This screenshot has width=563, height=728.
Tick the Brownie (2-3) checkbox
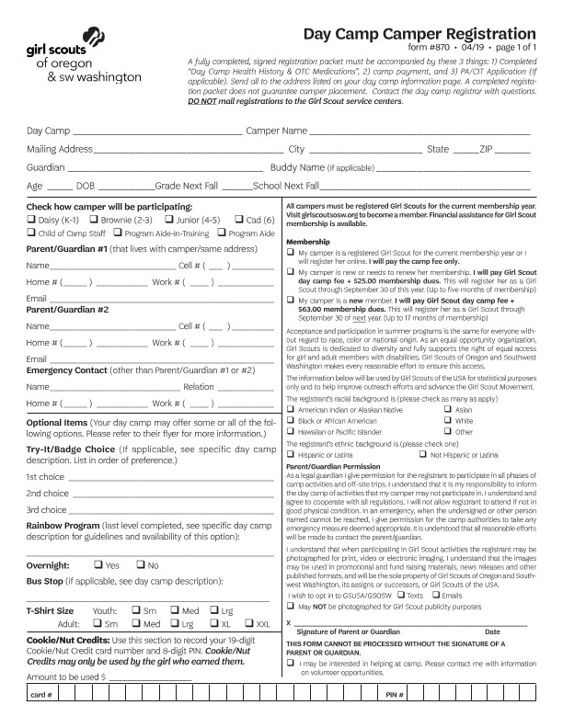tap(94, 221)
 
